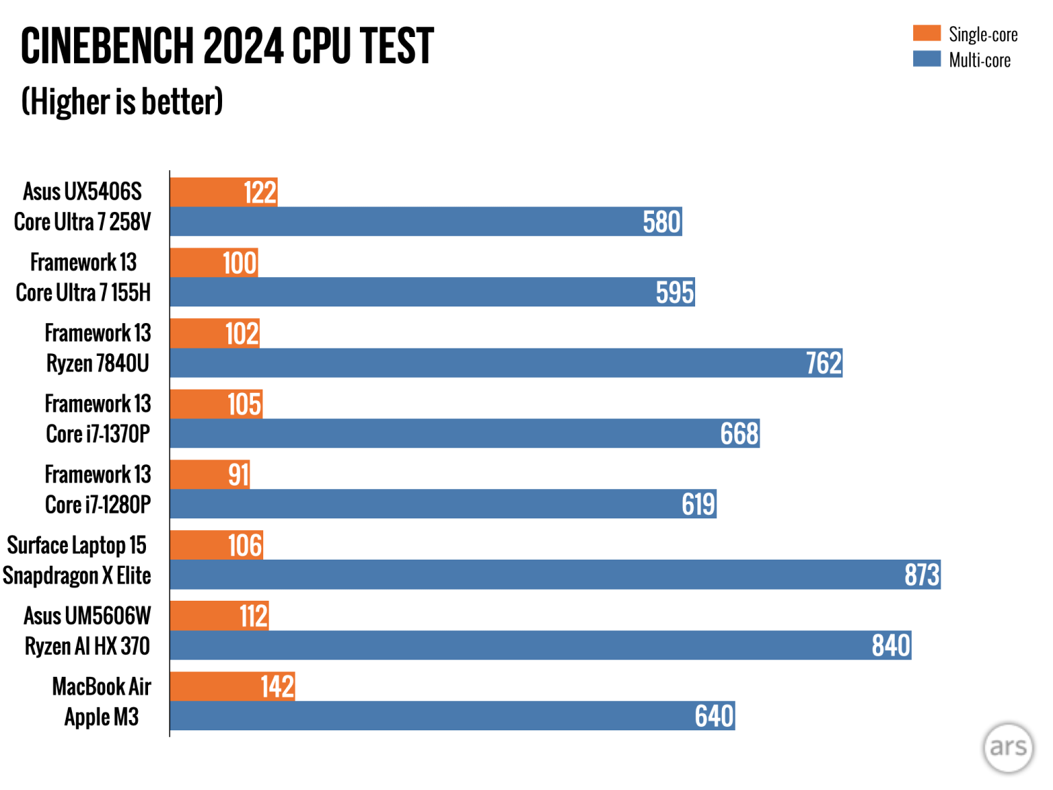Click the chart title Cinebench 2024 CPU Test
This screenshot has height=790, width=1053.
tap(227, 47)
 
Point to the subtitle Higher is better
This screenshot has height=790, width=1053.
tap(122, 102)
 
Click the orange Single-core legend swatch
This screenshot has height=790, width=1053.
tap(926, 33)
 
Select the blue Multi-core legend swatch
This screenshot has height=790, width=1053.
tap(926, 59)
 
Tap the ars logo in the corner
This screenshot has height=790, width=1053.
tap(1008, 747)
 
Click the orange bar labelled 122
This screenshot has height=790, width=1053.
tap(223, 193)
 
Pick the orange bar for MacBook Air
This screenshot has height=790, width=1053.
tap(232, 686)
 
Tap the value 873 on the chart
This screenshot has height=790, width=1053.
tap(921, 575)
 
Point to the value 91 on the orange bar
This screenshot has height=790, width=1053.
tap(239, 475)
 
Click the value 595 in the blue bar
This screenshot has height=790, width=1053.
tap(675, 292)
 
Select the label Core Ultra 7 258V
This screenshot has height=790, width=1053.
tap(82, 222)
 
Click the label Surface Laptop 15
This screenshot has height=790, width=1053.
tap(77, 545)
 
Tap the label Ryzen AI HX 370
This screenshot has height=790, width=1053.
tap(87, 646)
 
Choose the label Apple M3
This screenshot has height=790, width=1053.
tap(101, 717)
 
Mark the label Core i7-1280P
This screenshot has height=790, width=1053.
tap(98, 505)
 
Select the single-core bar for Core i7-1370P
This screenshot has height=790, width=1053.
tap(216, 404)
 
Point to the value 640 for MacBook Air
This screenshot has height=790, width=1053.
tap(714, 716)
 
